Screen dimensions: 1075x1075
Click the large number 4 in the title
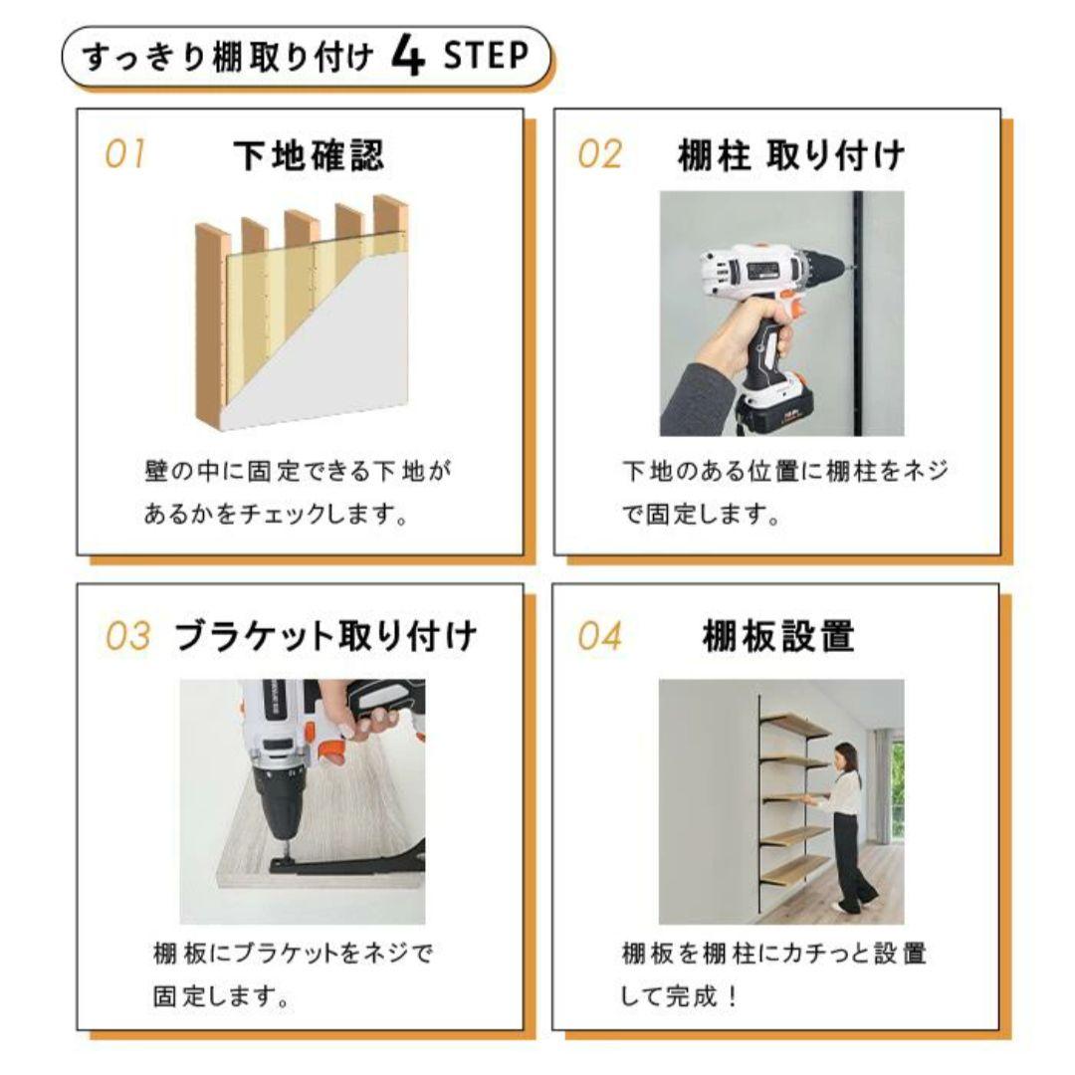(x=409, y=58)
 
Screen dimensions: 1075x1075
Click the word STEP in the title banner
(x=486, y=57)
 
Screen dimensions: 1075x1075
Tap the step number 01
(x=125, y=155)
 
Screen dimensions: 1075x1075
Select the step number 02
(x=599, y=155)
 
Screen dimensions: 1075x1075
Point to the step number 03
(x=127, y=636)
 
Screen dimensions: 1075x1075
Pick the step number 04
(x=599, y=636)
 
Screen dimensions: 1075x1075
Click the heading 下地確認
(x=309, y=155)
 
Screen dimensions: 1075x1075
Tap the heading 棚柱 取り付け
(x=791, y=156)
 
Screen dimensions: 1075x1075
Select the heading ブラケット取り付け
(x=325, y=636)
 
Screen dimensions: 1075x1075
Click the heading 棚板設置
(x=778, y=636)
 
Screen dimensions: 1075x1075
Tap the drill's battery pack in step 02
(x=786, y=408)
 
